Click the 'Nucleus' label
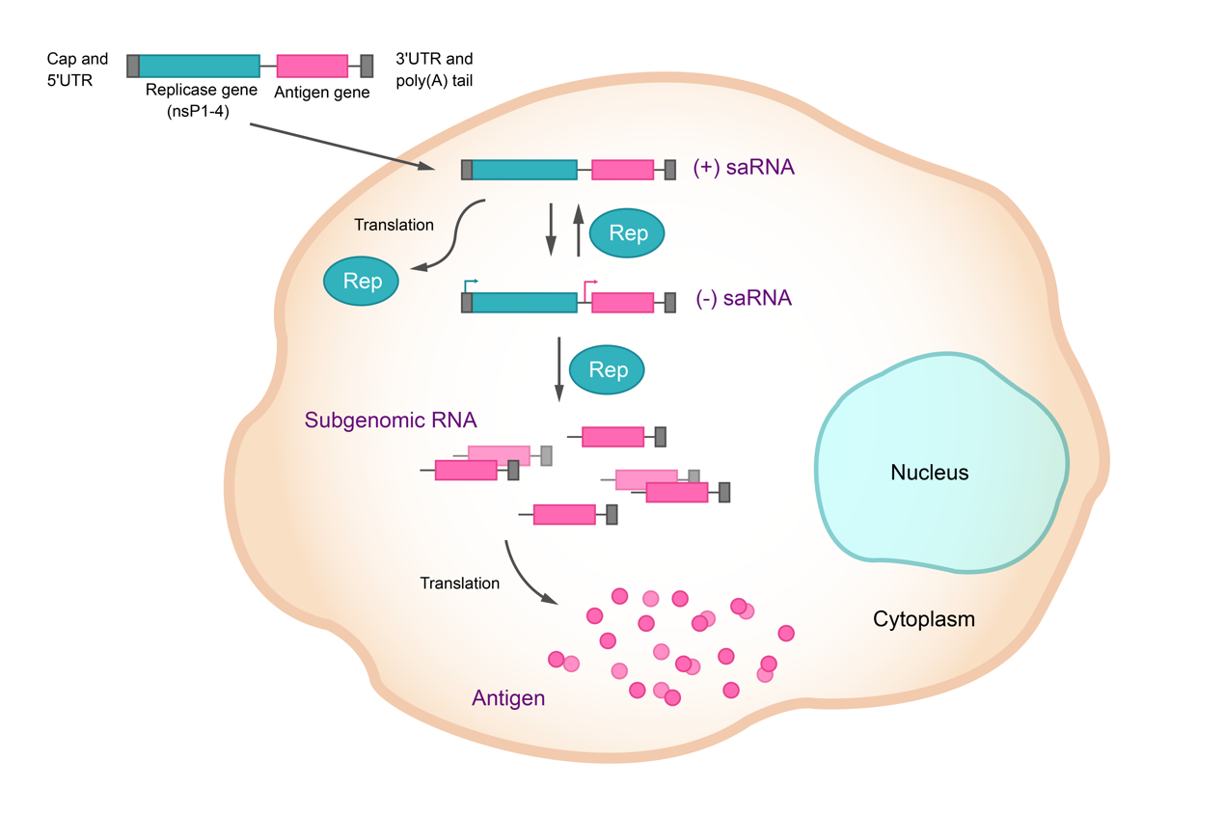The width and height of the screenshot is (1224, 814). (929, 473)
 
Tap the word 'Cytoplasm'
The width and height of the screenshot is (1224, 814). (923, 619)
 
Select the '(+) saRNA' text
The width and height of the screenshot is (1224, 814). (743, 168)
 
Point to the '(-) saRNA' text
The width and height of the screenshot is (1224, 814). (743, 298)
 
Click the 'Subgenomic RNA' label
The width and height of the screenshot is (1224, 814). (391, 421)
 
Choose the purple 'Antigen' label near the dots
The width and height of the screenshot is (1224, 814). (508, 697)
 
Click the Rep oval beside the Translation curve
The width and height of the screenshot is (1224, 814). (363, 282)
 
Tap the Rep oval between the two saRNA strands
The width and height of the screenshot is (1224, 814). (627, 233)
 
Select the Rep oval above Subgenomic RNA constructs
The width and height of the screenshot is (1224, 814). (608, 370)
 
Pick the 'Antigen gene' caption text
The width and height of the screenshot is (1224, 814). (321, 93)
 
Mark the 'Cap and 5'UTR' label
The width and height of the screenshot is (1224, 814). (77, 69)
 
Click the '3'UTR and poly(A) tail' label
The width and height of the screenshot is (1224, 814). (434, 69)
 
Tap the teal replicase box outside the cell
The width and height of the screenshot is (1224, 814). (199, 66)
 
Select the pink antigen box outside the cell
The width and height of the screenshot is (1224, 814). (312, 66)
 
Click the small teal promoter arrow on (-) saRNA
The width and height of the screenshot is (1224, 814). (471, 282)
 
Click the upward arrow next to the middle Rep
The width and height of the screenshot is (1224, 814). (578, 229)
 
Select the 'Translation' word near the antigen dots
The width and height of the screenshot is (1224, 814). (459, 583)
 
